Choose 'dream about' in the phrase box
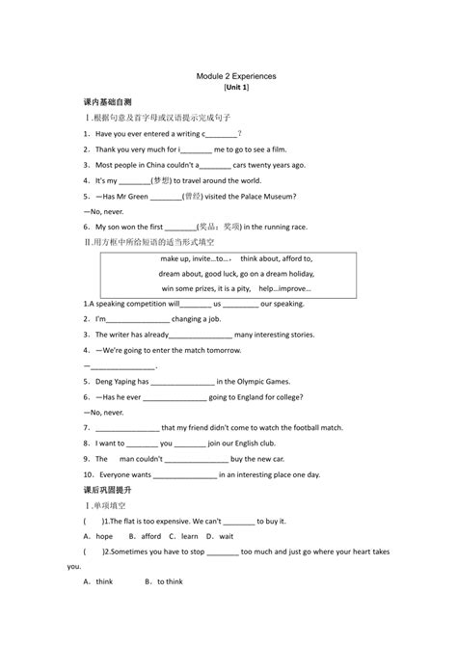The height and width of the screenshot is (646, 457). click(180, 273)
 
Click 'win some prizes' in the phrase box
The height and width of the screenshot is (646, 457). click(184, 287)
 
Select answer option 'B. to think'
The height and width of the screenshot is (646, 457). click(163, 581)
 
